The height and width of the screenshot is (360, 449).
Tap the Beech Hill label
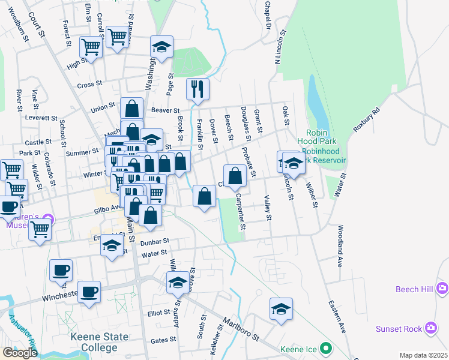click(x=414, y=289)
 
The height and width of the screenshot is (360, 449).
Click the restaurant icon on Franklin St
click(x=197, y=89)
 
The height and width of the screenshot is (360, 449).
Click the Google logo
click(x=20, y=352)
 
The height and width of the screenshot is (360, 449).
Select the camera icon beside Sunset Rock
click(x=431, y=328)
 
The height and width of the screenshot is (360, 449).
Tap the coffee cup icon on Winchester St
click(x=89, y=292)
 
